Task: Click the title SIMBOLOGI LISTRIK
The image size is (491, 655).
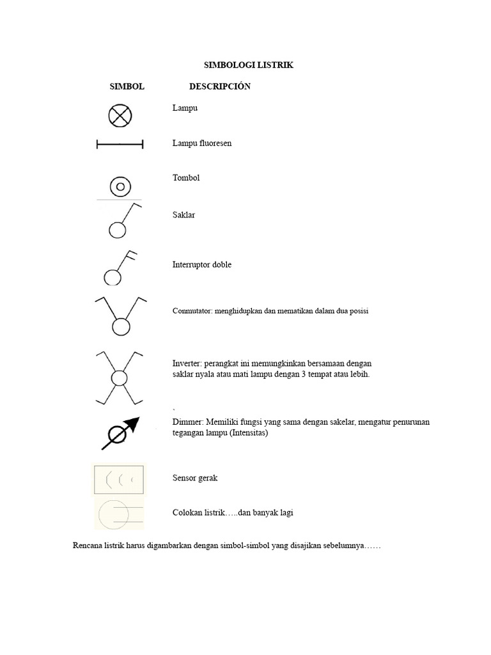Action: pyautogui.click(x=248, y=65)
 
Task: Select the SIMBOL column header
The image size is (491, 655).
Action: pyautogui.click(x=127, y=86)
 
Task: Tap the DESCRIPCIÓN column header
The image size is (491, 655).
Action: pyautogui.click(x=220, y=86)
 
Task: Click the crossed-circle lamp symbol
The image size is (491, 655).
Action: pyautogui.click(x=120, y=116)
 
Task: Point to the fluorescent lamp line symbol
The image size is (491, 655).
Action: pyautogui.click(x=120, y=145)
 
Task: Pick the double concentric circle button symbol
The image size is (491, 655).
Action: pyautogui.click(x=120, y=187)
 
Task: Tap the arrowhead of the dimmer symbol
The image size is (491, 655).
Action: pyautogui.click(x=132, y=422)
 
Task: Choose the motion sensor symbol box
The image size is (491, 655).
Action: pyautogui.click(x=119, y=479)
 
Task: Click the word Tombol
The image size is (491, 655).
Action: pyautogui.click(x=186, y=178)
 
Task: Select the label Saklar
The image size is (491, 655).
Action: pyautogui.click(x=183, y=215)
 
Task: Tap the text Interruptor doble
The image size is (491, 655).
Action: pyautogui.click(x=202, y=265)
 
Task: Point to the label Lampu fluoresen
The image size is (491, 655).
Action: pyautogui.click(x=202, y=143)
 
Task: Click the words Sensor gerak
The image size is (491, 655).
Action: pyautogui.click(x=196, y=478)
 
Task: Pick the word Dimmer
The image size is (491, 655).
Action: pyautogui.click(x=187, y=422)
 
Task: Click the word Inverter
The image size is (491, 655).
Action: pyautogui.click(x=187, y=363)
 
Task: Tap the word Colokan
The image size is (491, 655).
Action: pyautogui.click(x=188, y=512)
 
